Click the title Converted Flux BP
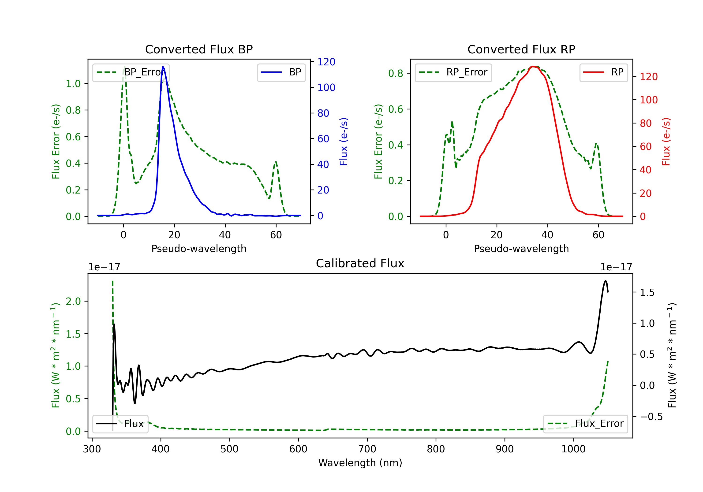(199, 49)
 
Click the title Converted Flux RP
(521, 49)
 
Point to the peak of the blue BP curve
(163, 67)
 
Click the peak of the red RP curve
(533, 67)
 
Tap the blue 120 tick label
(326, 62)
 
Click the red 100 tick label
(648, 100)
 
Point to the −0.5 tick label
(651, 417)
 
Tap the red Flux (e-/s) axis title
(666, 142)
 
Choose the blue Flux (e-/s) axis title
(344, 142)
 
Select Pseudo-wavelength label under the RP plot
(521, 249)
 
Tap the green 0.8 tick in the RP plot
(395, 74)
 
